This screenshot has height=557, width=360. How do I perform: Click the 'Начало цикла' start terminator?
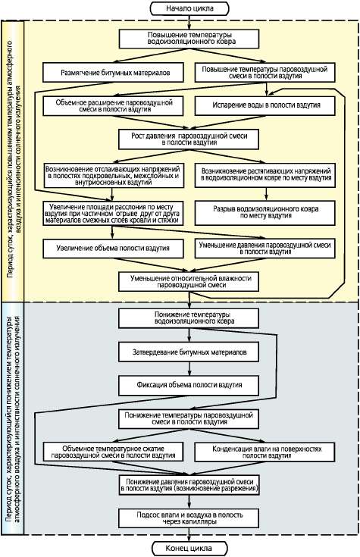point(189,8)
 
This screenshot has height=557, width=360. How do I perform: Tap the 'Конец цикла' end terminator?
point(189,548)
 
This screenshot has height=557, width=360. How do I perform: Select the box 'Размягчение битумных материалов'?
point(113,73)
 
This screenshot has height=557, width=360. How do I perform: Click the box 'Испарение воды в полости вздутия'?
point(265,105)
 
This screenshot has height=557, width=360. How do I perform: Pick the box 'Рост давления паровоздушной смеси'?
point(189,139)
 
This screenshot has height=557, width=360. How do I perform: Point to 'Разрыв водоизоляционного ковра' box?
point(265,213)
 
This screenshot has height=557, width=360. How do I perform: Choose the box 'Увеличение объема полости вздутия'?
point(113,249)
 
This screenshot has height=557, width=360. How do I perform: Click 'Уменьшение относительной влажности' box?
point(189,282)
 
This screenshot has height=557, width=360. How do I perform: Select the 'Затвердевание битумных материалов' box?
point(189,352)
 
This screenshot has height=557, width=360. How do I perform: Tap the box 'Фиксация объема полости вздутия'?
point(189,385)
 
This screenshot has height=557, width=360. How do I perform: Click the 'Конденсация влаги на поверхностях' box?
point(265,452)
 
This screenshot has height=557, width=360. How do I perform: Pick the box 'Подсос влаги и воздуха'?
point(189,518)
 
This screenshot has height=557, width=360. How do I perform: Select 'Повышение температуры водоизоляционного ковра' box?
point(189,39)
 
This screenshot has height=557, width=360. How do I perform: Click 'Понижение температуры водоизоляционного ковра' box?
point(189,318)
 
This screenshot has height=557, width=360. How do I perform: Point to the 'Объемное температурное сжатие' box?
point(113,452)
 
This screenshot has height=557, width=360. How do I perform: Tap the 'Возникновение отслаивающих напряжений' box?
point(113,176)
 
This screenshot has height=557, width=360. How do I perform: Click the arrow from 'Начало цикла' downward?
point(189,23)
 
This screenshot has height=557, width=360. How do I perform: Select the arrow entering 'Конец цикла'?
point(189,535)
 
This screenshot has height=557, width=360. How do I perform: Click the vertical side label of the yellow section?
point(13,161)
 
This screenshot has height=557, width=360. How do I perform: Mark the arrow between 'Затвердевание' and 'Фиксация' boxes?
point(189,369)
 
